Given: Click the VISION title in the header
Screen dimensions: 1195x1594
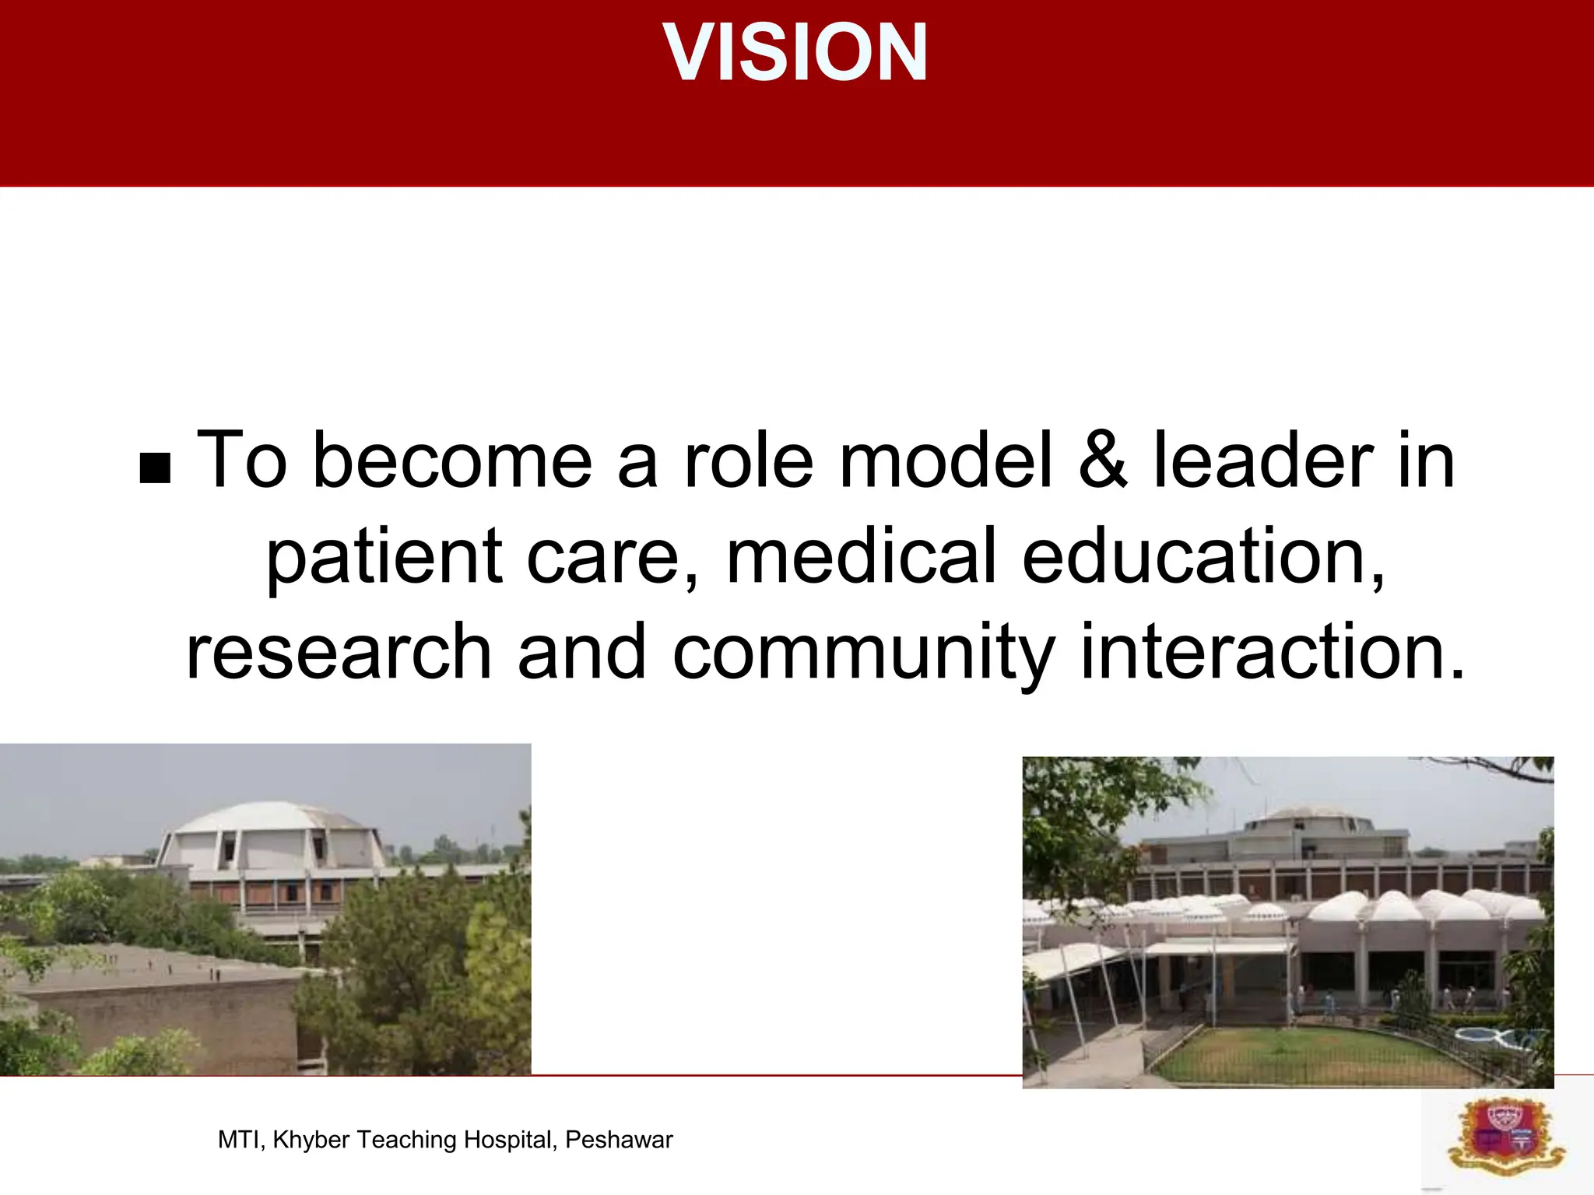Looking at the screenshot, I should pyautogui.click(x=795, y=52).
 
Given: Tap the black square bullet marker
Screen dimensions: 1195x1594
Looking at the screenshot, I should pyautogui.click(x=155, y=468).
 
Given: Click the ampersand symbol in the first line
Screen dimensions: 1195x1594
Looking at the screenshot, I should pyautogui.click(x=1102, y=461).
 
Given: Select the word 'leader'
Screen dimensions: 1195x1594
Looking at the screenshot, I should pyautogui.click(x=1262, y=461).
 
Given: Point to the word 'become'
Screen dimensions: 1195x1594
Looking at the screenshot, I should pyautogui.click(x=452, y=461).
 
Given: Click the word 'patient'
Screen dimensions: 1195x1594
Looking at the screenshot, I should pyautogui.click(x=384, y=557).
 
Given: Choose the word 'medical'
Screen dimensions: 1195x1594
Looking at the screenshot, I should pyautogui.click(x=861, y=555).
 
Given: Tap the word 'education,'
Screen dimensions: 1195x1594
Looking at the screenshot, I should pyautogui.click(x=1203, y=555).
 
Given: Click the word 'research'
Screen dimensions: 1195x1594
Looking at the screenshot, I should pyautogui.click(x=339, y=651).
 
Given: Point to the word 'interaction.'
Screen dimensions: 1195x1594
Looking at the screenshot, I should pyautogui.click(x=1273, y=651).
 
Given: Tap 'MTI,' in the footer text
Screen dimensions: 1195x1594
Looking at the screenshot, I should pyautogui.click(x=242, y=1140).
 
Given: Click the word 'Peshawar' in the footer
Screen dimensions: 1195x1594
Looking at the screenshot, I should pyautogui.click(x=619, y=1140).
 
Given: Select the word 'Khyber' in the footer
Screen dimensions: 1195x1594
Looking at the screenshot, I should pyautogui.click(x=311, y=1140).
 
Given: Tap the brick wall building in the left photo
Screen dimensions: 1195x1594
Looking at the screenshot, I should pyautogui.click(x=156, y=1019).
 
